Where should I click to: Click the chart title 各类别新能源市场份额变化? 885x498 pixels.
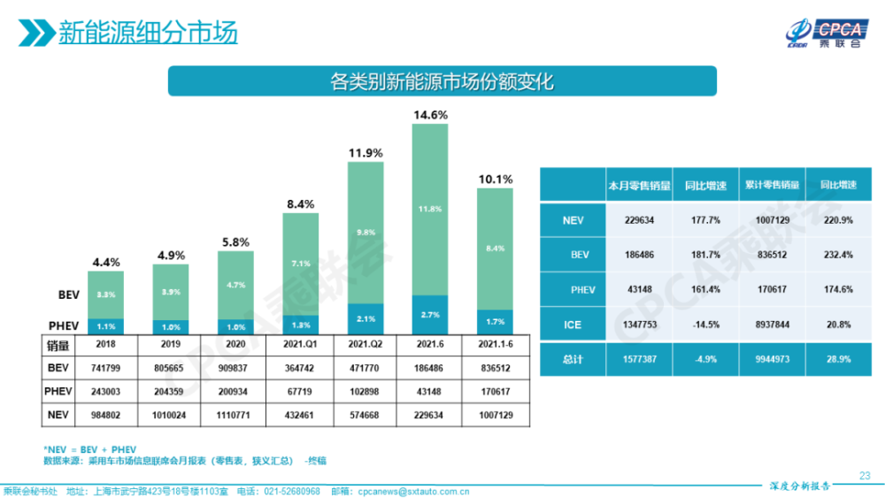pos(441,82)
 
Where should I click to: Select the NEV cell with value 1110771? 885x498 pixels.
pos(235,414)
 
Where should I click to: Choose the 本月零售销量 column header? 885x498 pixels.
pos(638,186)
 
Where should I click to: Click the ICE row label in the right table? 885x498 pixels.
pos(573,325)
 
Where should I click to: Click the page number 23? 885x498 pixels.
pos(865,475)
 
